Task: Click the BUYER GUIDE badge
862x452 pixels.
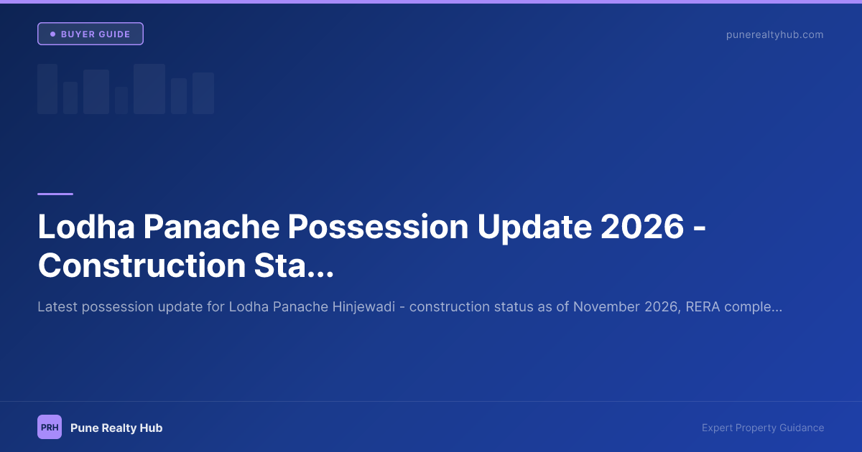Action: coord(91,34)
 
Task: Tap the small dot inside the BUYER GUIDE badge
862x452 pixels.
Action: coord(52,34)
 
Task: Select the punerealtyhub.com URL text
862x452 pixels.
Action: coord(775,34)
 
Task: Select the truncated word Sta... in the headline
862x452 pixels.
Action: coord(290,265)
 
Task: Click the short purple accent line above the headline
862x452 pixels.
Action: coord(55,194)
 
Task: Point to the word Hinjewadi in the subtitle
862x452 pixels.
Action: coord(366,307)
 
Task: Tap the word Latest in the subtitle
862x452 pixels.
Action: coord(57,307)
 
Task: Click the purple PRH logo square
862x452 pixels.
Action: coord(50,427)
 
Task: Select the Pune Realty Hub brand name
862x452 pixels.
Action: coord(116,428)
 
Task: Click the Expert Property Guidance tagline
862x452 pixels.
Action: coord(763,428)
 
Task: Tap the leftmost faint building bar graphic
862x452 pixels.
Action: coord(47,89)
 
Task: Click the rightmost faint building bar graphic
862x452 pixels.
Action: coord(203,93)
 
